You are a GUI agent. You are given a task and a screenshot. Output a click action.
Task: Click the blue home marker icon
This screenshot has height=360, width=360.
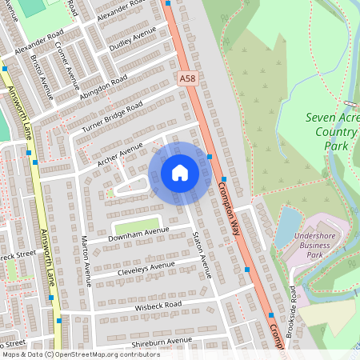coord(180,173)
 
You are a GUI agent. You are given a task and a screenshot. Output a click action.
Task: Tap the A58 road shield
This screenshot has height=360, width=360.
coord(187,78)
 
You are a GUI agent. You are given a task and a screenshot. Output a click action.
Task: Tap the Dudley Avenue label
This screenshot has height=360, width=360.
coord(133,38)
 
